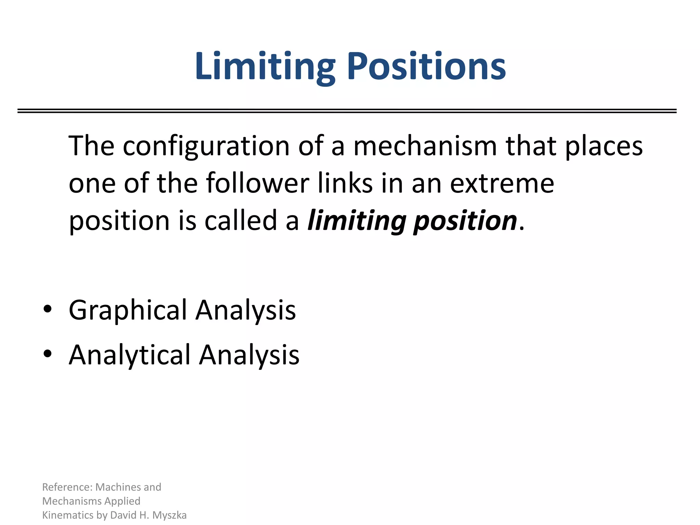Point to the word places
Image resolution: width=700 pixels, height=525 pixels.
pyautogui.click(x=604, y=146)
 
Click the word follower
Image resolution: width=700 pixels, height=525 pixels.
pyautogui.click(x=258, y=184)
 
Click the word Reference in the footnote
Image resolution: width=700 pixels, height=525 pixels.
pyautogui.click(x=67, y=487)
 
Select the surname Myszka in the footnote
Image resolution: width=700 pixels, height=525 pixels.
pyautogui.click(x=170, y=515)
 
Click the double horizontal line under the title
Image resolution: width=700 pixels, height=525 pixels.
pyautogui.click(x=347, y=111)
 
